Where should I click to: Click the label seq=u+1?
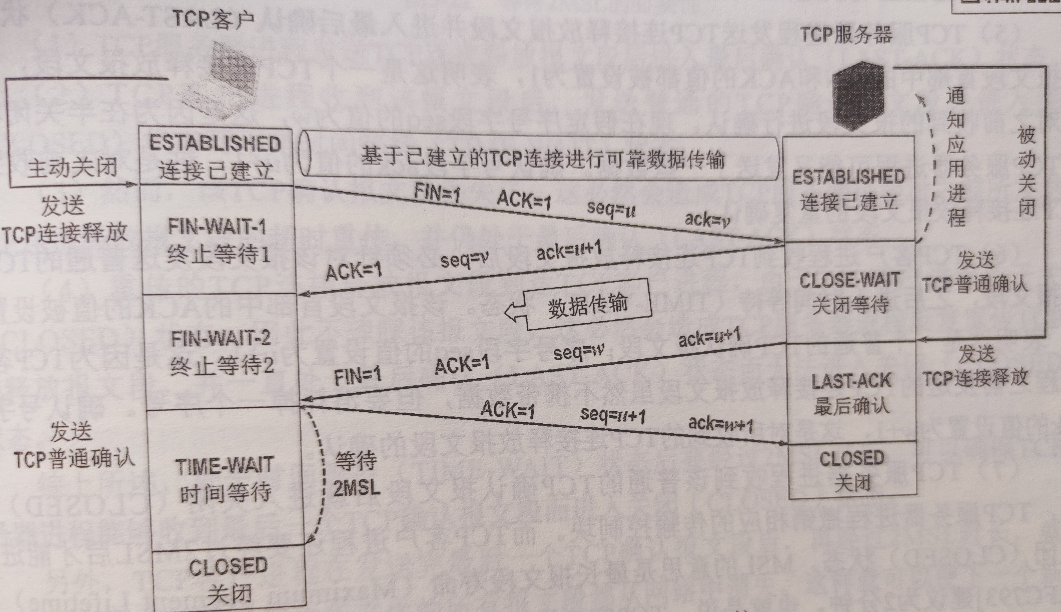613,415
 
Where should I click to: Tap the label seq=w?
579,352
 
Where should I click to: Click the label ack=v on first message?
707,219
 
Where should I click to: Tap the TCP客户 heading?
213,19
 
